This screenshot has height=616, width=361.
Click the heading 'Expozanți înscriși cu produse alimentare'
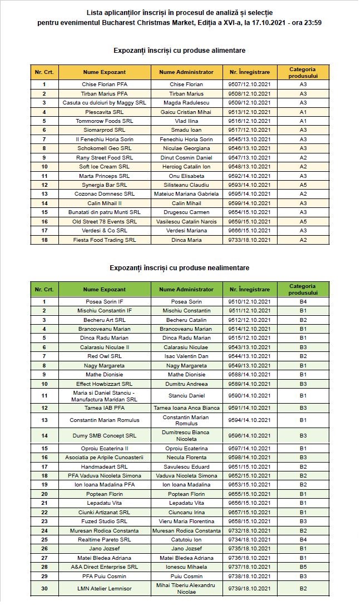tap(179, 51)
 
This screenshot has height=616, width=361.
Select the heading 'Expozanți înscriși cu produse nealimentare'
tap(179, 268)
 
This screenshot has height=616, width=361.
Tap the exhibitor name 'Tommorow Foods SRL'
tap(105, 121)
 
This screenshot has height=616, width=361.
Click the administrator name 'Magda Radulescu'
tap(186, 103)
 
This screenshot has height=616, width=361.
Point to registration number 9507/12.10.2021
tap(249, 85)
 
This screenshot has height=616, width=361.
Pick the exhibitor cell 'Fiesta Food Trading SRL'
tap(105, 240)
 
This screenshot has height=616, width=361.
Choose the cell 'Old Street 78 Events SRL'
tap(105, 221)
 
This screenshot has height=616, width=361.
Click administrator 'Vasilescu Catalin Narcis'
tap(186, 221)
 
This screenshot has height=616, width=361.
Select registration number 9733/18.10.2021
tap(249, 240)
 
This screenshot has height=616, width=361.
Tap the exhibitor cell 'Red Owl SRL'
tap(105, 356)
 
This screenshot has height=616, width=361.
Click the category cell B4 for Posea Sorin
tap(303, 302)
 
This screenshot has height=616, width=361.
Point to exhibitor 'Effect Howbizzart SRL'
tap(105, 384)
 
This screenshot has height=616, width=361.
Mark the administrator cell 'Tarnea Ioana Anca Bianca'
tap(186, 408)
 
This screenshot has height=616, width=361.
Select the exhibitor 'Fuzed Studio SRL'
tap(105, 521)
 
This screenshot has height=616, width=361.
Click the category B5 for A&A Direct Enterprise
tap(303, 567)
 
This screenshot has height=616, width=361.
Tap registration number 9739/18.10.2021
tap(249, 588)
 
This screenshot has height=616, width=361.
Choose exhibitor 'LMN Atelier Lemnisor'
tap(105, 588)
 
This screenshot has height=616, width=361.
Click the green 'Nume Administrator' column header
tap(186, 290)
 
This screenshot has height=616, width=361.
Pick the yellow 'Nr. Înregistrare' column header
tap(249, 72)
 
